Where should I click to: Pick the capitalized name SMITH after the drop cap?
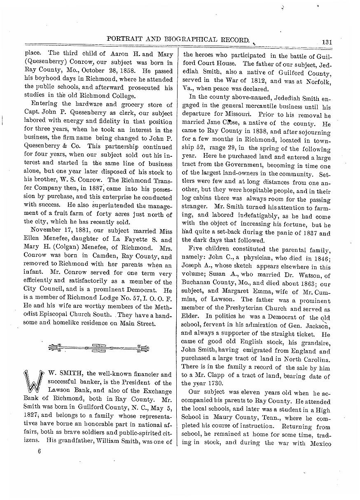point(72,374)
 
